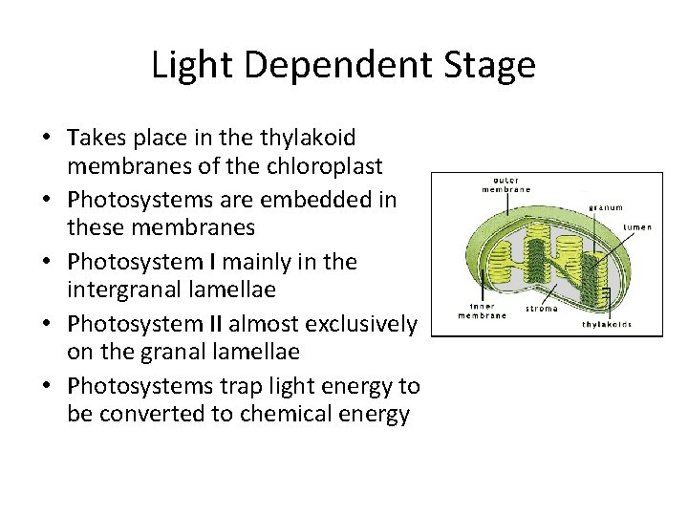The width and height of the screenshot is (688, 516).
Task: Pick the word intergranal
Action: [x=126, y=290]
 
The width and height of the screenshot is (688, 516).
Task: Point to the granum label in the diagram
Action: [x=606, y=206]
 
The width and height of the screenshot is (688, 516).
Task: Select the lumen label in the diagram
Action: [x=637, y=227]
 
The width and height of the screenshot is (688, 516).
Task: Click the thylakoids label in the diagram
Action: [x=608, y=325]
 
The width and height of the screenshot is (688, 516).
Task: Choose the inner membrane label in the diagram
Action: [x=483, y=310]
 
